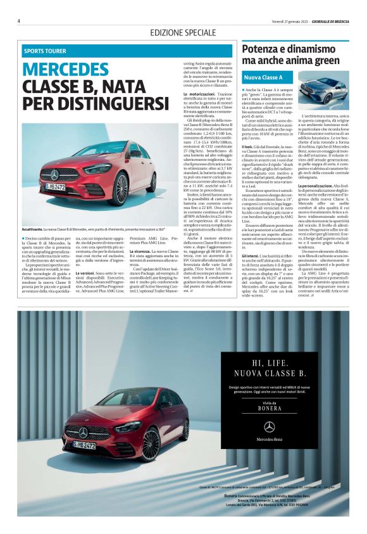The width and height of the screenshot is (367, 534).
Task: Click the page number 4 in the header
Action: tap(18, 20)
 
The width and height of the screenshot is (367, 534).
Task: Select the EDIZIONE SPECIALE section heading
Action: tap(183, 32)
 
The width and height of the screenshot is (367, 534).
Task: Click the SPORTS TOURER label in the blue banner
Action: tap(45, 51)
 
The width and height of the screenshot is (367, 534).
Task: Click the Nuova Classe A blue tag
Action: tap(263, 77)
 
